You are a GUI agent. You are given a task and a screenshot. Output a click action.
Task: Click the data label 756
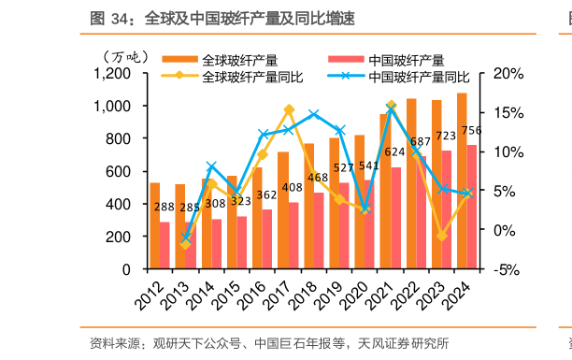(x=472, y=130)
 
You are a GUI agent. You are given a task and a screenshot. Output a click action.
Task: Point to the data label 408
(x=293, y=188)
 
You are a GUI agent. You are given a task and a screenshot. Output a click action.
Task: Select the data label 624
(x=394, y=151)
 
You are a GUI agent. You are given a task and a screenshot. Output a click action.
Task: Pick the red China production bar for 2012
(x=165, y=245)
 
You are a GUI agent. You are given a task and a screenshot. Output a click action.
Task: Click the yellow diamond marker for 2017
(x=289, y=109)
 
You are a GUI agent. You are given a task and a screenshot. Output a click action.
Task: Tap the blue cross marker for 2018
(x=314, y=114)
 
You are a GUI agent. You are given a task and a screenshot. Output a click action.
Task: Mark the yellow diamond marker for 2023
(x=442, y=236)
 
